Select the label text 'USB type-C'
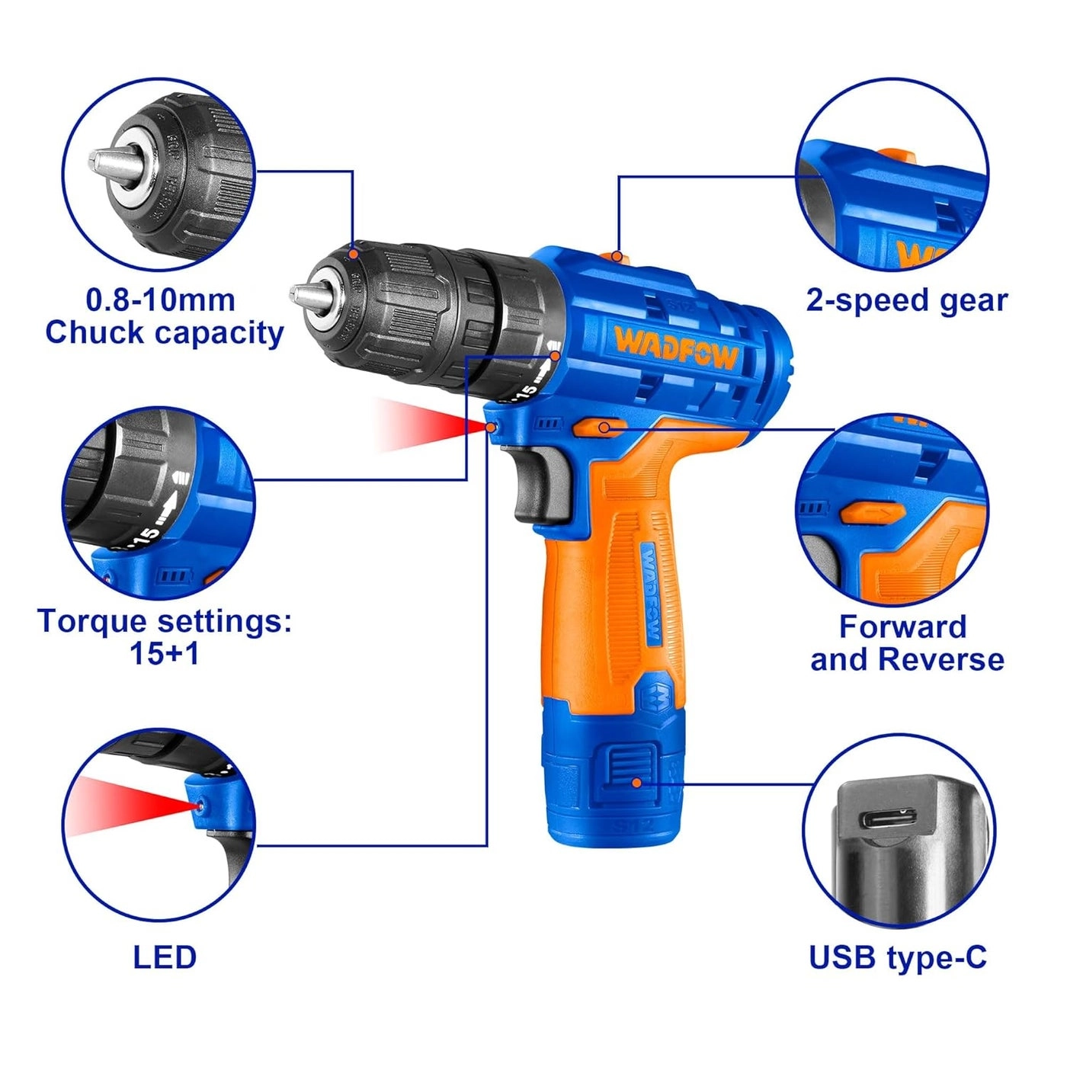[898, 957]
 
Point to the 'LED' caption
[165, 957]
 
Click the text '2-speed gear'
[907, 300]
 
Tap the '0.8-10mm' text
[161, 300]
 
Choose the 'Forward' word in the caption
[903, 626]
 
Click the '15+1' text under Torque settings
[164, 654]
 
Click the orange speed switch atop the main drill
[617, 257]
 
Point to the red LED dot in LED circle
[200, 805]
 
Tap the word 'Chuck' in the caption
[96, 333]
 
